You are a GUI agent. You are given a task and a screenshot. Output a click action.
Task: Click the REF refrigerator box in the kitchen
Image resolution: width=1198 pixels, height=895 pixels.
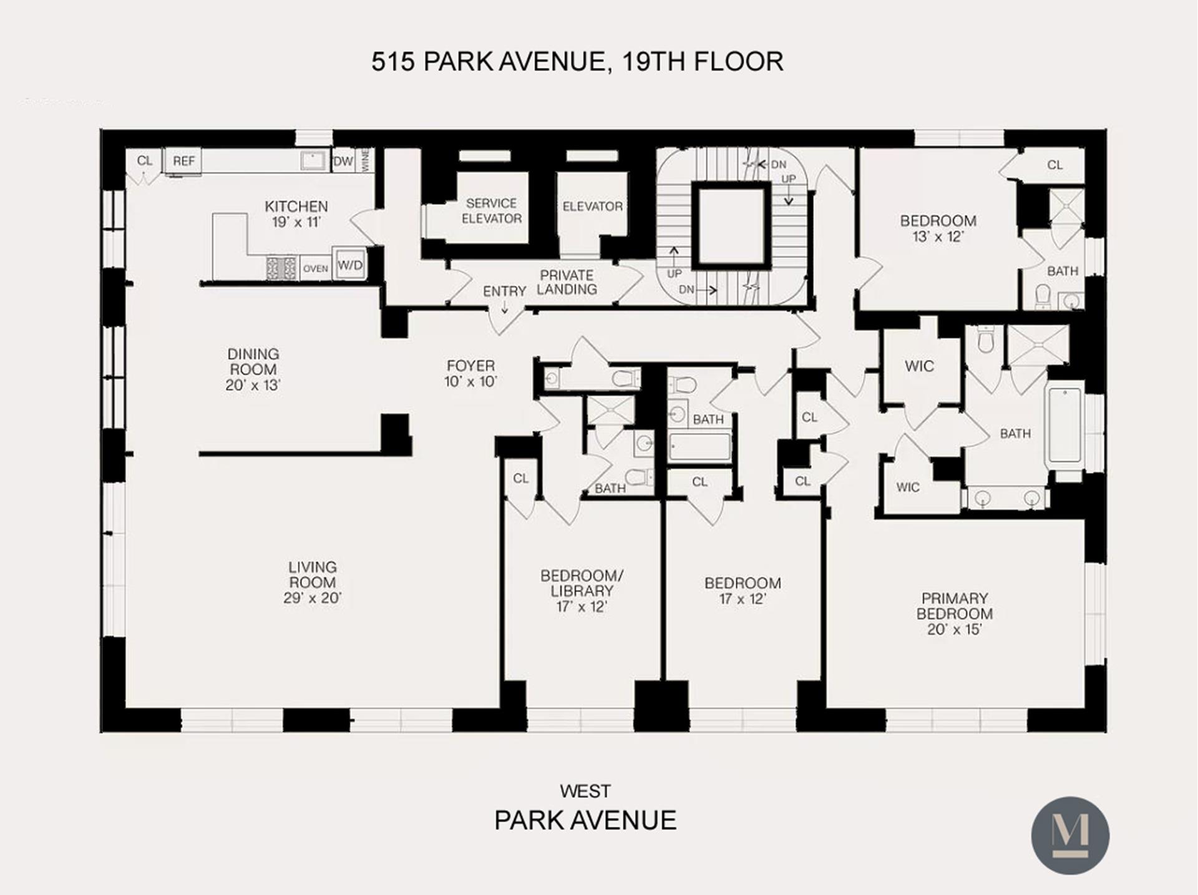183,161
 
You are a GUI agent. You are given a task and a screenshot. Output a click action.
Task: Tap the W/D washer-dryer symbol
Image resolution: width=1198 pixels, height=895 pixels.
349,265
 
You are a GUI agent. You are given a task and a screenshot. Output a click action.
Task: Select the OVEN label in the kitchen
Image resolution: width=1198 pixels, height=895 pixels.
316,268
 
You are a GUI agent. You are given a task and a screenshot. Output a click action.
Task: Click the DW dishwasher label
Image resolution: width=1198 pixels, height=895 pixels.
343,161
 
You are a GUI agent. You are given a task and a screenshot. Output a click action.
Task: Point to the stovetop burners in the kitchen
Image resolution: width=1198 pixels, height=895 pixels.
281,268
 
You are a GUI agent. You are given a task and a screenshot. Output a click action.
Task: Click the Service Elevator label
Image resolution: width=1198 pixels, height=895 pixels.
492,211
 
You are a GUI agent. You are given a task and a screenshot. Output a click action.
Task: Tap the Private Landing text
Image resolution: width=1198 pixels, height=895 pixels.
567,282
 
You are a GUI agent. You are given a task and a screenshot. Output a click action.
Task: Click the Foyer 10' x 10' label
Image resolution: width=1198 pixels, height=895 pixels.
470,373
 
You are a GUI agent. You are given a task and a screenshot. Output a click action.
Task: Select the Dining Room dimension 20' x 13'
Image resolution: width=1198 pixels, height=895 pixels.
253,385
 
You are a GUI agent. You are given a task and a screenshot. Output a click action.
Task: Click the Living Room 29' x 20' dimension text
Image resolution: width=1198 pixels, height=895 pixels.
312,598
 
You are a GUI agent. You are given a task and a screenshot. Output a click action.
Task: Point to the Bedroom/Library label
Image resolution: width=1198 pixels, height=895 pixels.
582,583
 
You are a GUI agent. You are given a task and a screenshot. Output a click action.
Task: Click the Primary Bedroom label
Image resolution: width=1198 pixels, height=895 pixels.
955,606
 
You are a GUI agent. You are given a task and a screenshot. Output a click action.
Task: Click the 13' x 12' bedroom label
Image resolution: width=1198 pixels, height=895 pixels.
938,237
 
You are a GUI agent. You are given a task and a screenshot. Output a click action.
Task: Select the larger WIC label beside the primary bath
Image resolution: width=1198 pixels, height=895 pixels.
919,366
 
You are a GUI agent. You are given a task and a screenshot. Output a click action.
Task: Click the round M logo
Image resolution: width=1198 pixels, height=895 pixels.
1069,835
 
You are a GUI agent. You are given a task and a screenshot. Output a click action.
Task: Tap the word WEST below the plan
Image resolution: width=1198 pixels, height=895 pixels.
585,791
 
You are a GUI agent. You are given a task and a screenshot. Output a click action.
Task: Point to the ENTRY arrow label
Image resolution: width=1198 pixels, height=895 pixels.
504,292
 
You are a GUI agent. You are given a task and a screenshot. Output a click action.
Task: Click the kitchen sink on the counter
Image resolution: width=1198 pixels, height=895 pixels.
313,160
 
